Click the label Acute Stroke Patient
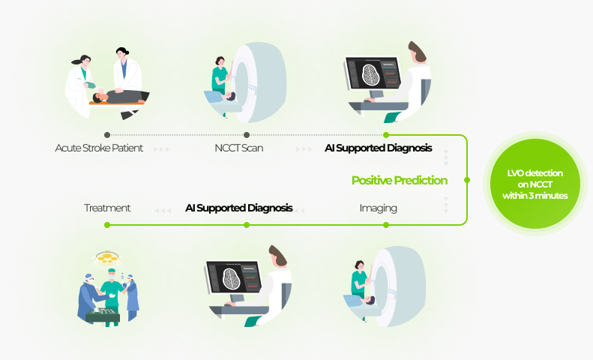[x=99, y=148]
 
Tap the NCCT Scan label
[x=239, y=148]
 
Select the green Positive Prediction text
[x=400, y=181]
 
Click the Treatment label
[x=107, y=208]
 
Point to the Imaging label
[x=378, y=208]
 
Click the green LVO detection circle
[x=535, y=184]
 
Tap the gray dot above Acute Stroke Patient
[x=107, y=135]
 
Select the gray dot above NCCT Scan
[x=247, y=135]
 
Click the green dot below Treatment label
[x=107, y=225]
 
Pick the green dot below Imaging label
[x=386, y=225]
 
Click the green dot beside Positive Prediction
[x=467, y=180]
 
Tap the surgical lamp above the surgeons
[x=107, y=257]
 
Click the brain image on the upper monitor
[x=370, y=74]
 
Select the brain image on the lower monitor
[x=231, y=279]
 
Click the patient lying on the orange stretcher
[x=119, y=97]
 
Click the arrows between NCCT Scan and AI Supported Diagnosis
[x=304, y=149]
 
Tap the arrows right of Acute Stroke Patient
[x=162, y=149]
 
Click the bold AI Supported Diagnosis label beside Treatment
[x=239, y=208]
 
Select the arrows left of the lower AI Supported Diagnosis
[x=163, y=210]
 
